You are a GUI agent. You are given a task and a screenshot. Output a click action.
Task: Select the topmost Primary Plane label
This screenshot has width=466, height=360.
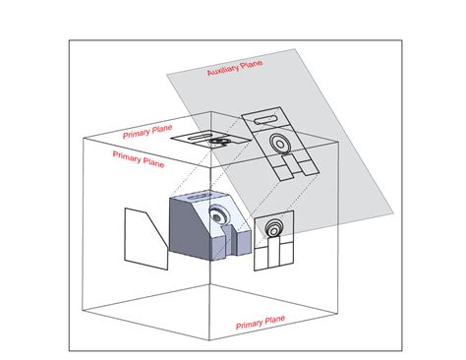click(x=150, y=134)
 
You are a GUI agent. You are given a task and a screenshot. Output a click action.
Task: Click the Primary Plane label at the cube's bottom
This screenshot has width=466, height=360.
click(x=261, y=321)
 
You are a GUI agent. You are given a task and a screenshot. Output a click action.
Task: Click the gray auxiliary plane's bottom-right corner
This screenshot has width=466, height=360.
click(x=395, y=210)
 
